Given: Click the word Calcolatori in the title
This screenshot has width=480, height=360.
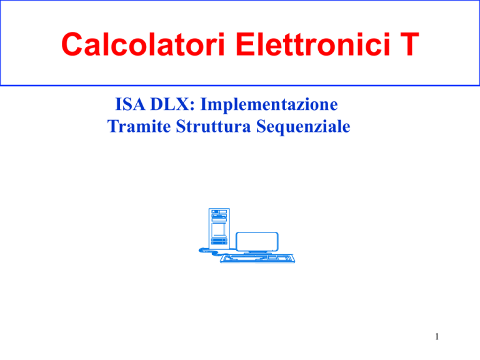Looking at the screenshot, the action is (143, 44).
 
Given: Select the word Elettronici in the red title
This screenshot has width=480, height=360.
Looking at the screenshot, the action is (312, 44).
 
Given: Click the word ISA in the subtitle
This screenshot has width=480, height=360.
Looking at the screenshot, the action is (130, 104).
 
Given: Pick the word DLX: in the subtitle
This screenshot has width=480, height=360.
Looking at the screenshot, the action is (172, 104).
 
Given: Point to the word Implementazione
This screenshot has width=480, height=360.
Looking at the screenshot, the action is (269, 105).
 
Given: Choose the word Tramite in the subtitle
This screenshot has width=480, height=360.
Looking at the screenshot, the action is (139, 126).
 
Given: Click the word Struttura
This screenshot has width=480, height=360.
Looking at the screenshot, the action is (213, 126).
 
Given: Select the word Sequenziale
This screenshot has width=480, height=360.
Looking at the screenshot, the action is (303, 127).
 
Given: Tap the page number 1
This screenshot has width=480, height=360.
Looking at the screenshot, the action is (437, 336).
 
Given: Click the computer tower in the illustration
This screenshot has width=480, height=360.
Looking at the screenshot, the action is (219, 227).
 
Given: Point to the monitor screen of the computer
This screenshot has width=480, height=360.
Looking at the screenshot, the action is (257, 241).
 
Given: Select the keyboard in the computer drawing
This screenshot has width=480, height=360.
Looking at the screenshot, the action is (257, 258).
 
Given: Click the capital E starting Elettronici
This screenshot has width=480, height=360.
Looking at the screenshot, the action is (245, 44).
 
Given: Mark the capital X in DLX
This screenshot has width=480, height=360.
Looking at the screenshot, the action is (184, 104).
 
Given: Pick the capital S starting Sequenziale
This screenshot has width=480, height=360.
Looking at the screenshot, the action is (261, 126).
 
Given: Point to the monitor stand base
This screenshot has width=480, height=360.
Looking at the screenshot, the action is (257, 252).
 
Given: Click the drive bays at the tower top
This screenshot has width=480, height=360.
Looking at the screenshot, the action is (219, 214).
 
